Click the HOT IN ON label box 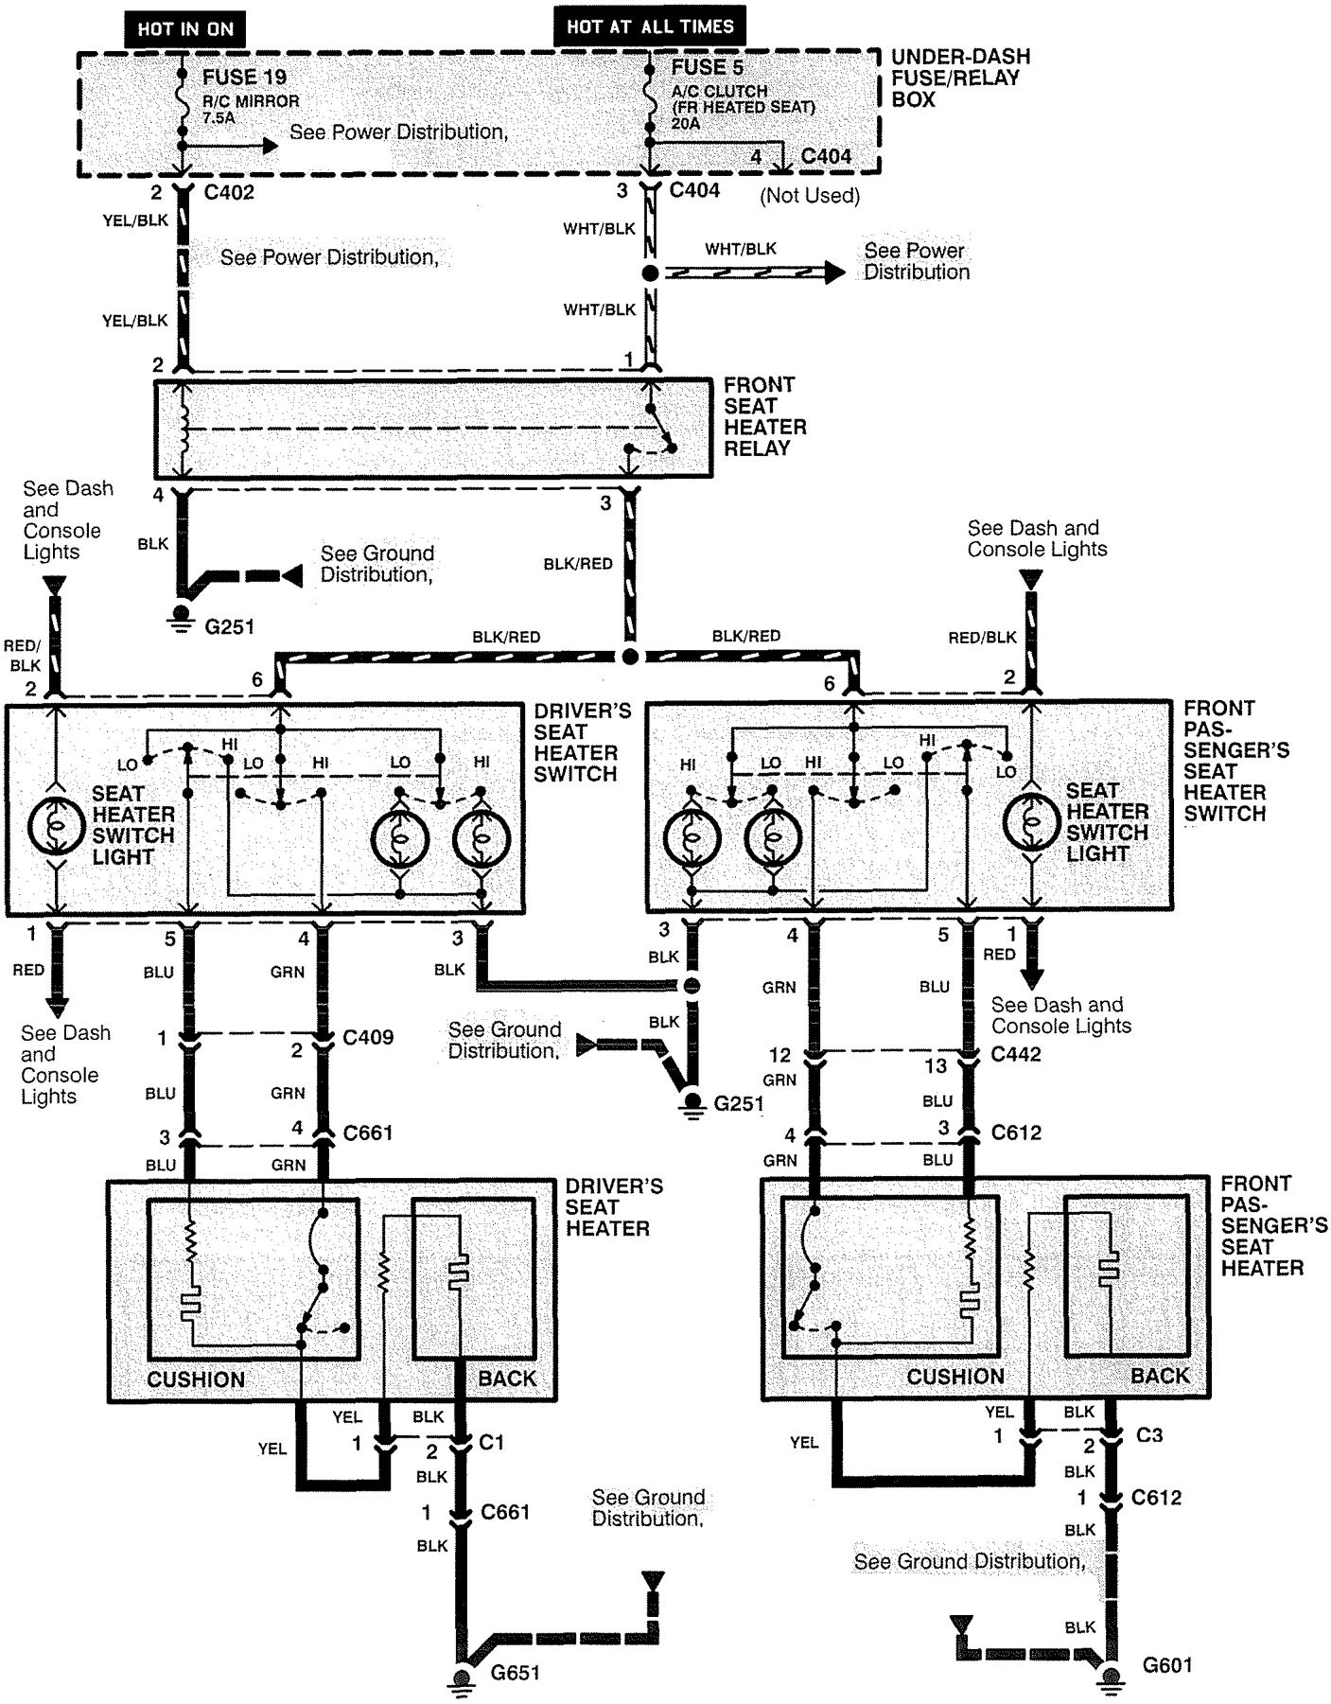click(184, 28)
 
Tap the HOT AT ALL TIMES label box click(649, 26)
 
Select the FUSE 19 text click(244, 77)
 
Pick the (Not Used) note click(811, 195)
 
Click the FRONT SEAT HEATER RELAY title click(764, 416)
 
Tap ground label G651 click(515, 1673)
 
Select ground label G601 click(1166, 1664)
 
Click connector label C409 click(367, 1037)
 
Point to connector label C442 click(1015, 1054)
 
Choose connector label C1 click(491, 1442)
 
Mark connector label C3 click(1148, 1435)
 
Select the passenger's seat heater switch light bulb click(1032, 821)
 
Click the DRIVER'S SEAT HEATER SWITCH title click(582, 742)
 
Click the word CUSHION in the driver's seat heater click(196, 1379)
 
